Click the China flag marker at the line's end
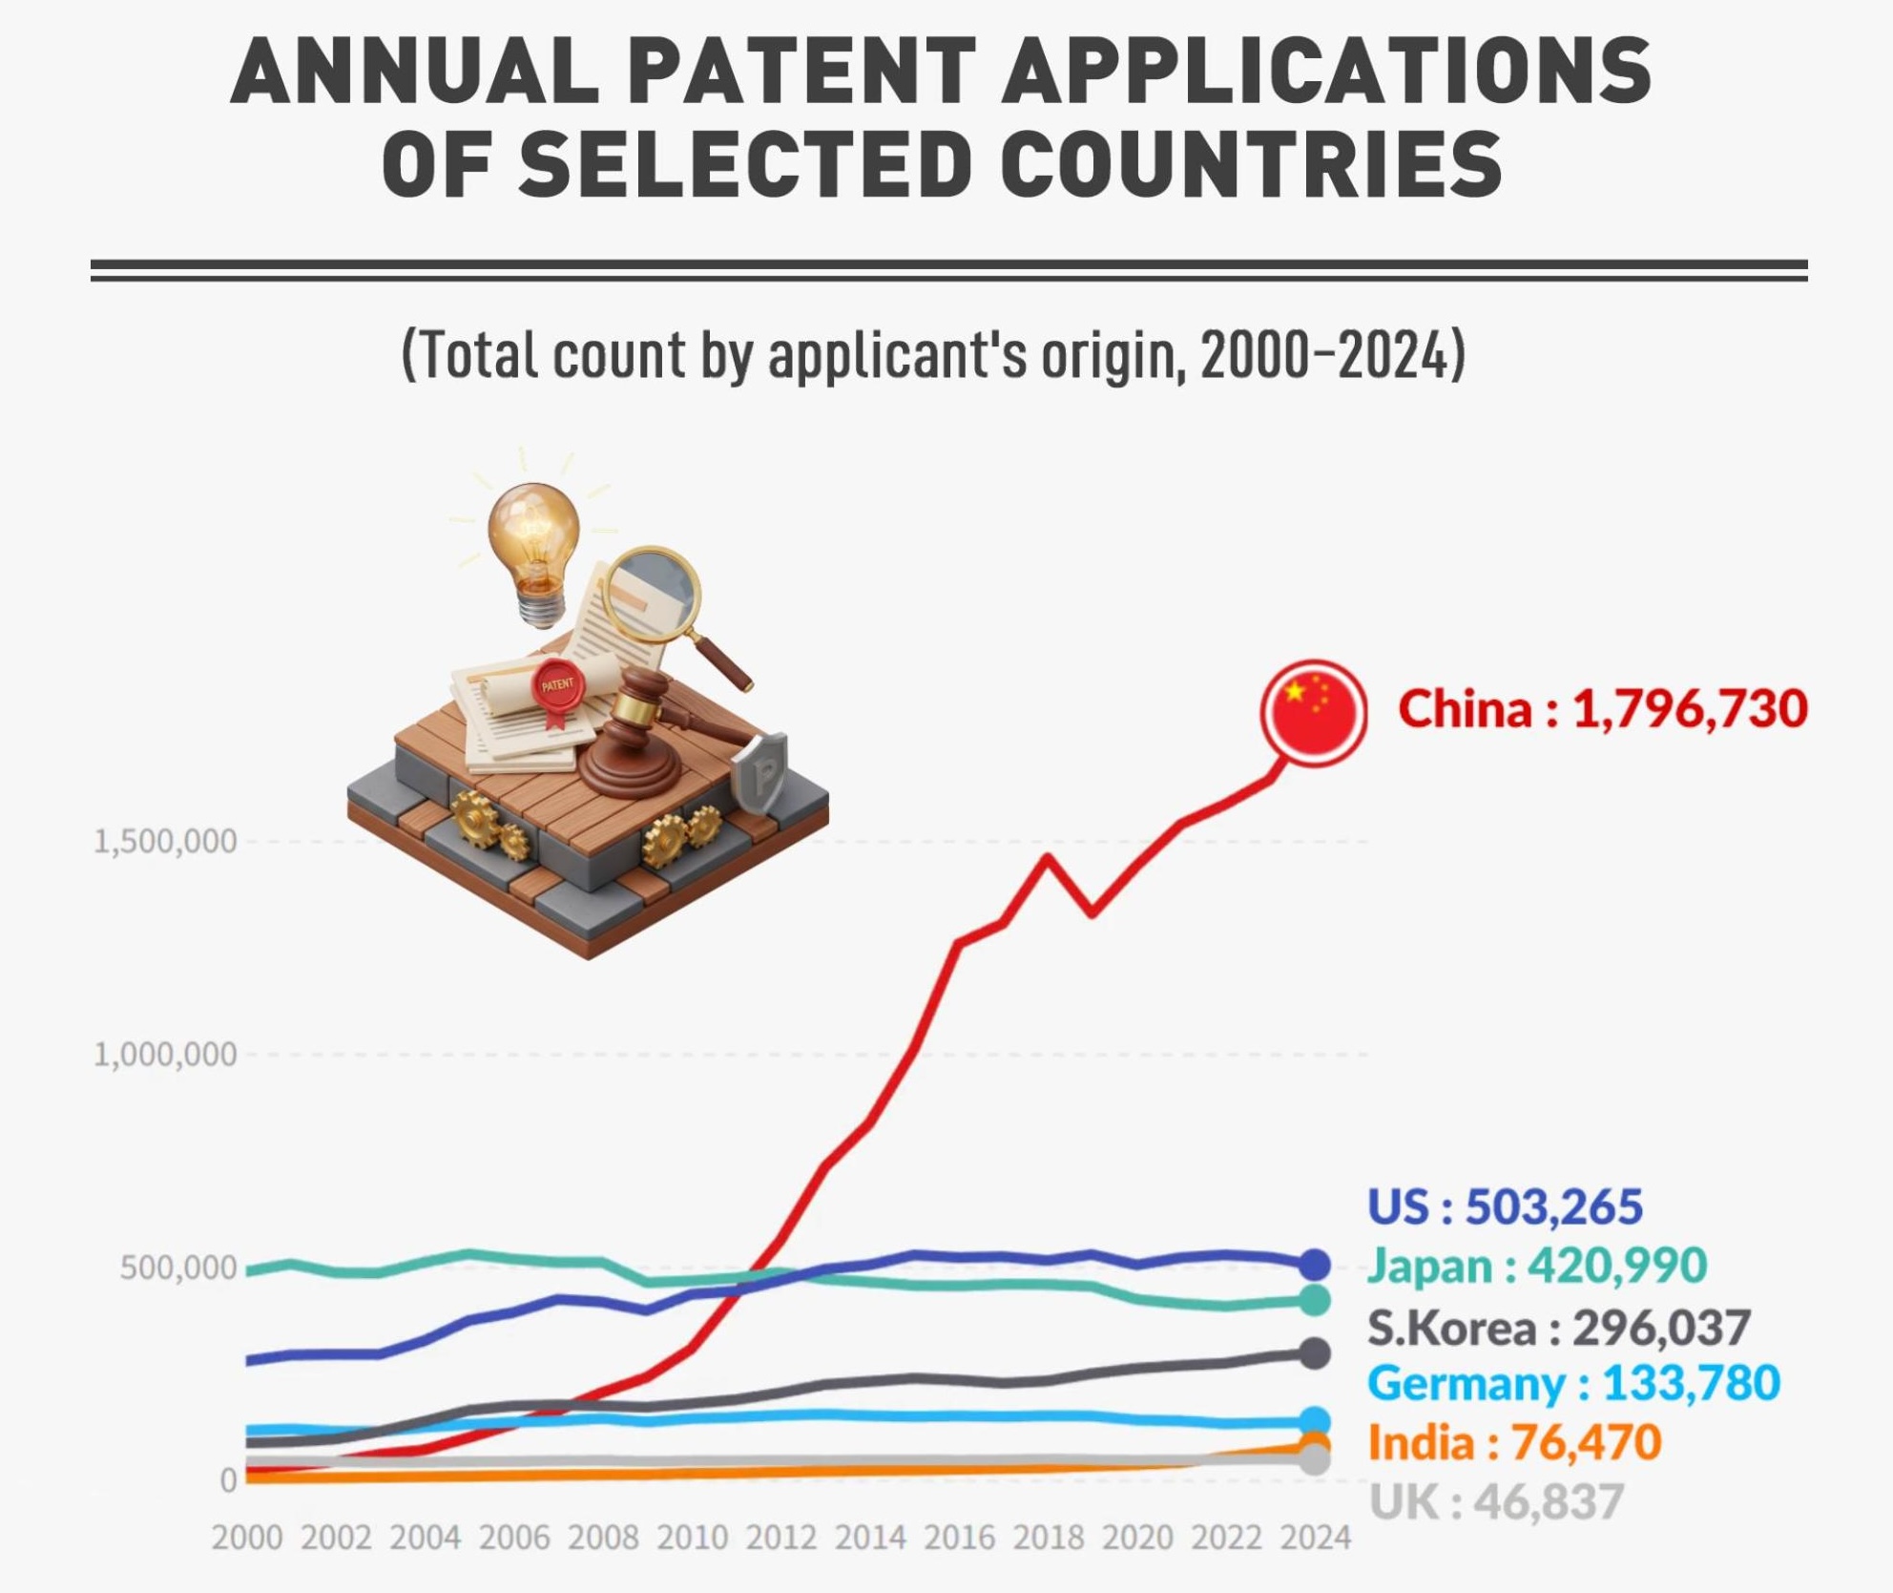[1314, 713]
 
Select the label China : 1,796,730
[1602, 709]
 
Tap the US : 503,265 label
[1505, 1206]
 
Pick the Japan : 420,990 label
[1536, 1266]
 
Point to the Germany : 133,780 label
[1573, 1383]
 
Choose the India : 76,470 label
[1514, 1442]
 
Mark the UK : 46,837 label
[1495, 1502]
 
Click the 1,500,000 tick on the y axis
[165, 842]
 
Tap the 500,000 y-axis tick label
[177, 1268]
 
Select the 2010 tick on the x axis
[692, 1539]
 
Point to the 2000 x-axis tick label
[247, 1539]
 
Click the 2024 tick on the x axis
[1315, 1539]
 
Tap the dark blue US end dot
[1315, 1265]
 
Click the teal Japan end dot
[1315, 1300]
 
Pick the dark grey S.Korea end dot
[1315, 1353]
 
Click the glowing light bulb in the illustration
[533, 539]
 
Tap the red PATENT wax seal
[557, 685]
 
